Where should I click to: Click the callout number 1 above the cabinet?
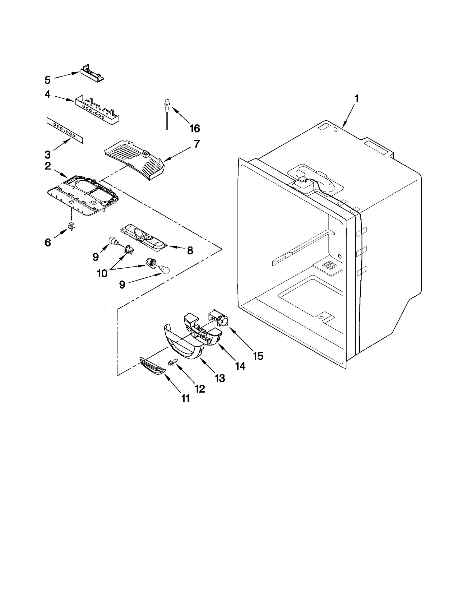[x=356, y=99]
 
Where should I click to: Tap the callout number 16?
[x=195, y=128]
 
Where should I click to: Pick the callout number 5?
[x=47, y=80]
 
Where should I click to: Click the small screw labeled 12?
[x=170, y=363]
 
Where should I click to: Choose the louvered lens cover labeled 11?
[x=153, y=366]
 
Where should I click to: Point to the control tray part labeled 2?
[x=83, y=197]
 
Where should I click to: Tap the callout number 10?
[x=102, y=273]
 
